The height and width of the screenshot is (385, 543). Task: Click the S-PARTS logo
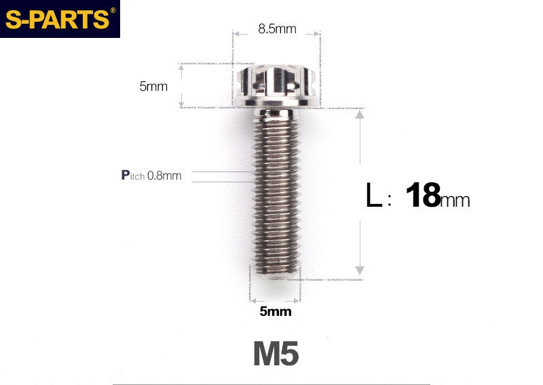click(x=57, y=19)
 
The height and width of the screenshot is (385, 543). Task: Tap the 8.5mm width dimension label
click(x=276, y=29)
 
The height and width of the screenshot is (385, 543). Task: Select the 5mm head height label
click(x=153, y=86)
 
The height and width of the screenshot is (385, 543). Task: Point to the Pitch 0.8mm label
click(x=151, y=176)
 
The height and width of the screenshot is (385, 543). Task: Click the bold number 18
click(x=422, y=196)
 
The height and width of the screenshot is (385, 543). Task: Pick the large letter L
click(x=373, y=197)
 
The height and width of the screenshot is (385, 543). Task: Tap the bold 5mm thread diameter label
click(x=275, y=312)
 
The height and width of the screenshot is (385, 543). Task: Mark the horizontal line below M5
click(x=271, y=384)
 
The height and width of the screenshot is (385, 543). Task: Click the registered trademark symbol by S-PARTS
click(x=113, y=9)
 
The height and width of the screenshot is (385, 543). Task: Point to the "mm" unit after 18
click(x=455, y=201)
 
